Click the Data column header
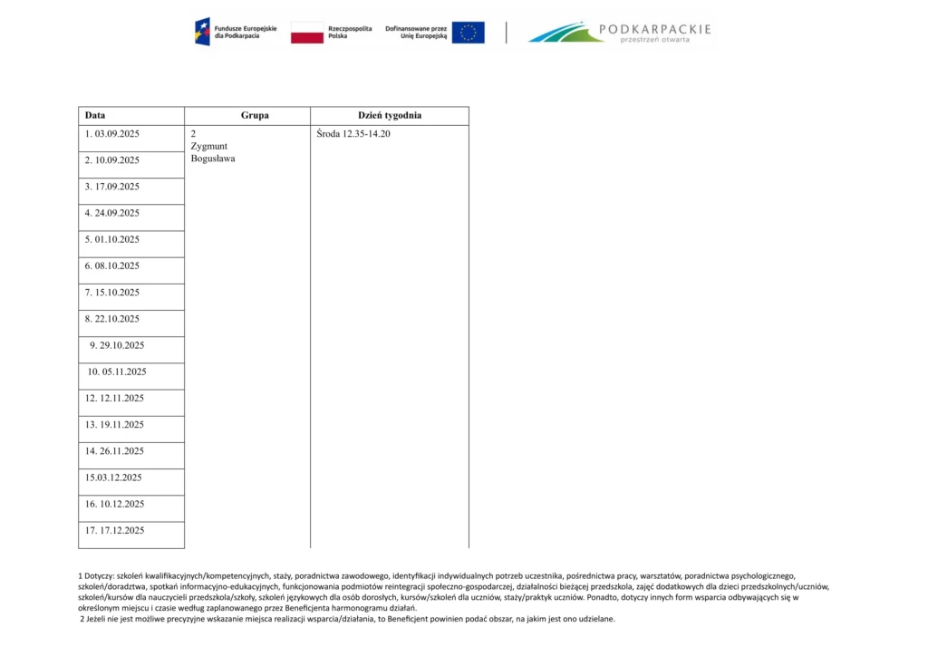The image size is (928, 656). pos(95,116)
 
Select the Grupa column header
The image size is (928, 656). pos(255,116)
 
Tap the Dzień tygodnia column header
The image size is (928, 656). pos(390,116)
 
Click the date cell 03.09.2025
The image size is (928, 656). pos(112,134)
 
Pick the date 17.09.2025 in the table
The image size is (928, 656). pos(112,187)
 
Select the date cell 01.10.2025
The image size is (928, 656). pos(112,239)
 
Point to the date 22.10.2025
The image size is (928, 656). pos(112,319)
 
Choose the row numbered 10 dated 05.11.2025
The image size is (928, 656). pos(117,371)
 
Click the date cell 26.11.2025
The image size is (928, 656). pos(114,451)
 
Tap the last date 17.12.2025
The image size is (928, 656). pos(114,531)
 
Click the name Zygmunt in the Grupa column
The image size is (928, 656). pos(208,146)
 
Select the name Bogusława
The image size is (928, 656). pos(213,159)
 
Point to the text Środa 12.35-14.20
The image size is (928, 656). pos(353,134)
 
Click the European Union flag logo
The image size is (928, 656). pos(468,33)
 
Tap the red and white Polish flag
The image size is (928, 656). pos(307,33)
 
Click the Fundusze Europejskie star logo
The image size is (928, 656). pos(202,33)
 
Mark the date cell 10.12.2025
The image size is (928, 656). pos(114,505)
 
